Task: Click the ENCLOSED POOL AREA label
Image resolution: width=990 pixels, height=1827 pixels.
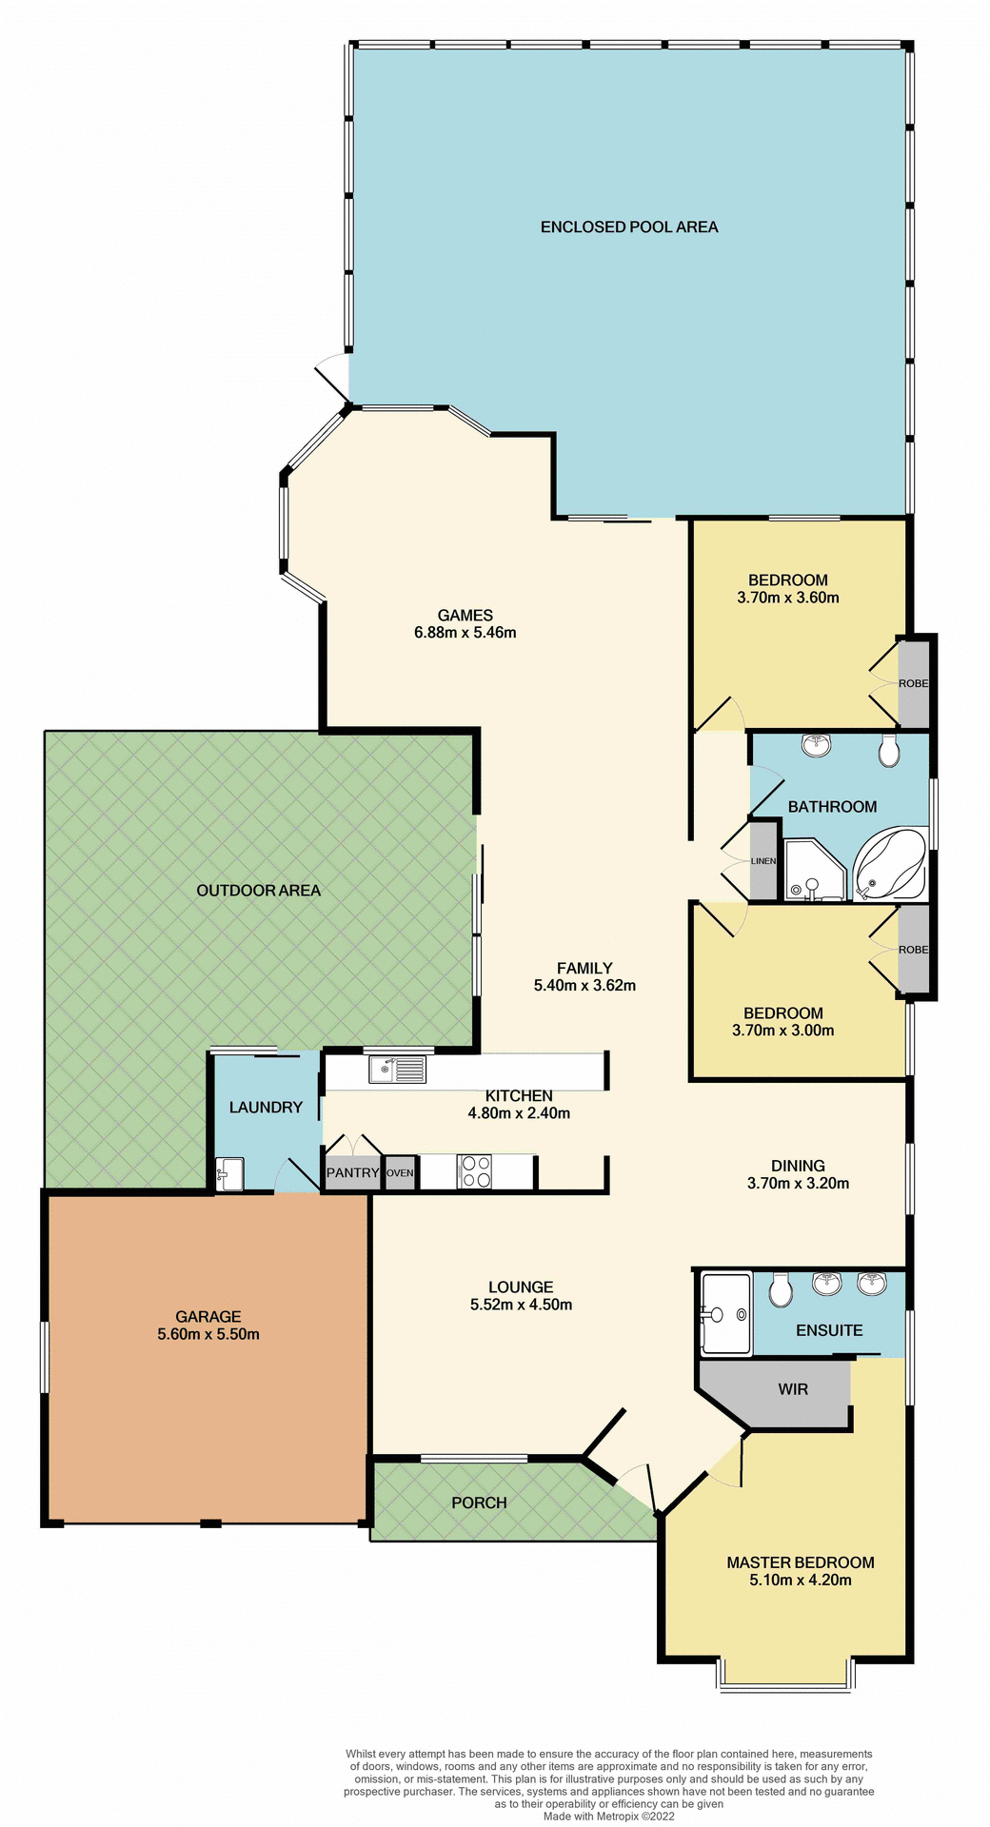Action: click(628, 226)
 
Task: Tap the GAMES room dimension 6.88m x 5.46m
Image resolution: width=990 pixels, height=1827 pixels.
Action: click(465, 633)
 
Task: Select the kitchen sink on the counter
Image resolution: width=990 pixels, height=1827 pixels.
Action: click(398, 1071)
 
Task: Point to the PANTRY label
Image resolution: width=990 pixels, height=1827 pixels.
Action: click(352, 1173)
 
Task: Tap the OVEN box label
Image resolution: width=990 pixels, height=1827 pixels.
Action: click(401, 1173)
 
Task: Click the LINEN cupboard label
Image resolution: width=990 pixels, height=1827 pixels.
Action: click(763, 861)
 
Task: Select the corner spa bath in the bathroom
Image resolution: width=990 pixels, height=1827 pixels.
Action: click(890, 866)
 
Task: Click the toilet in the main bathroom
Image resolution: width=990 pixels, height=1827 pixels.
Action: click(889, 752)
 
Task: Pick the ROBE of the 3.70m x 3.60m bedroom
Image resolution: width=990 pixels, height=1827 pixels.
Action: click(913, 683)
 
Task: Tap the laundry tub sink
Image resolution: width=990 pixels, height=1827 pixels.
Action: click(229, 1173)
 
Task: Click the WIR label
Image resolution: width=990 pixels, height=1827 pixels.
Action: click(793, 1389)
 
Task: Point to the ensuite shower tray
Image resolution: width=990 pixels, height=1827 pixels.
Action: click(725, 1314)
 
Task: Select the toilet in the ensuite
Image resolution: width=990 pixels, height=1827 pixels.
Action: click(781, 1291)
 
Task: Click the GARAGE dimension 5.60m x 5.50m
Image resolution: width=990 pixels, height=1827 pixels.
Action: click(208, 1334)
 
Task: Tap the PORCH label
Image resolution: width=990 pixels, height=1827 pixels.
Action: click(479, 1503)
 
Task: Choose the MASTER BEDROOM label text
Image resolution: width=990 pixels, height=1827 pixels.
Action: click(800, 1562)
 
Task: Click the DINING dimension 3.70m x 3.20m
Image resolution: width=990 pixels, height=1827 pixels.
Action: click(798, 1184)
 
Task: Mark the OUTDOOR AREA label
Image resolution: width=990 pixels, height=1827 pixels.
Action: click(258, 891)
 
